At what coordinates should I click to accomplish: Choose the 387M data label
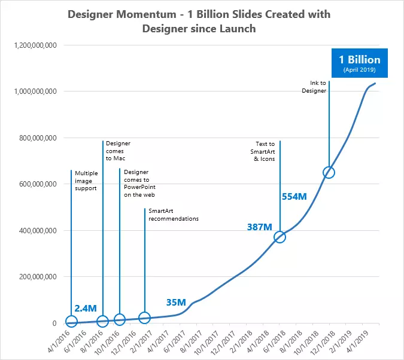point(260,227)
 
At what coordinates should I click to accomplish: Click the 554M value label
point(294,196)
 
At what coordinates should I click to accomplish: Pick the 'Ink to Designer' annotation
point(314,87)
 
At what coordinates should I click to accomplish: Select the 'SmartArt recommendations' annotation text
point(173,215)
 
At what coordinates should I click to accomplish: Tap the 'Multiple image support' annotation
point(86,180)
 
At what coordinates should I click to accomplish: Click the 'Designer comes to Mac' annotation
point(118,151)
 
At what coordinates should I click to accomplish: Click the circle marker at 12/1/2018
point(329,172)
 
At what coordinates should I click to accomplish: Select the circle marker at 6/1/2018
point(280,237)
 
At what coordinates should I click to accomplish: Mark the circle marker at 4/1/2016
point(71,322)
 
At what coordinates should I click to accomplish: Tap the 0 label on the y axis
point(54,324)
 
